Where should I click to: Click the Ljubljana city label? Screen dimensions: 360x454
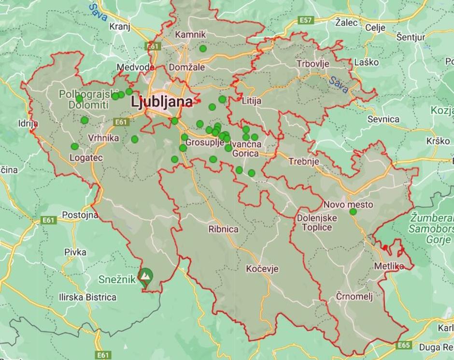pos(162,102)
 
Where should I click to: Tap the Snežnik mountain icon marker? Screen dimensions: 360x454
pos(145,276)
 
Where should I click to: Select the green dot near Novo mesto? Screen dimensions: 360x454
pos(353,212)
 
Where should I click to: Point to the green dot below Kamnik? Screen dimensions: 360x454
pos(203,48)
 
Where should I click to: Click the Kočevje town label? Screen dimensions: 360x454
pos(262,269)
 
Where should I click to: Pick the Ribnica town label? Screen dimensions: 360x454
pos(223,229)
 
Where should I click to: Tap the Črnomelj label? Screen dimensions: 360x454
pos(355,296)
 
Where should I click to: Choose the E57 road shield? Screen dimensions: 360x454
pos(305,20)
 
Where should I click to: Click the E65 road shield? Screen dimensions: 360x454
pos(404,345)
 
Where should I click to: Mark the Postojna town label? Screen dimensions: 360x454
pos(80,215)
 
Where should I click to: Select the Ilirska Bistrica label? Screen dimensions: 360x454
pos(87,297)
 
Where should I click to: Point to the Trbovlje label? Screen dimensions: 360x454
pos(312,63)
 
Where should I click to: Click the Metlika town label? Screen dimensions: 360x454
pos(389,266)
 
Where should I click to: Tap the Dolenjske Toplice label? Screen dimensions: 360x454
pos(317,222)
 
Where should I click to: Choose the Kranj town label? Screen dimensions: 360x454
pos(120,26)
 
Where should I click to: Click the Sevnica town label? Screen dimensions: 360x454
pos(383,119)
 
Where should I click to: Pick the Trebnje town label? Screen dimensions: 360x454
pos(303,161)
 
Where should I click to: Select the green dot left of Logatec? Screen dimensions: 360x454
pos(74,146)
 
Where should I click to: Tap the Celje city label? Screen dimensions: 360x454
pos(375,28)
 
